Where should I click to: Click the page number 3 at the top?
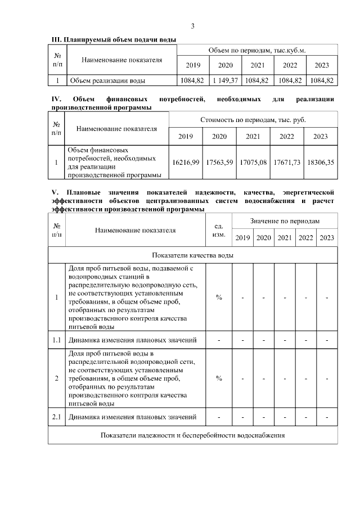pyautogui.click(x=193, y=26)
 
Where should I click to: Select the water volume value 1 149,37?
pyautogui.click(x=226, y=80)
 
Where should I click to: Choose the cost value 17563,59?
pyautogui.click(x=219, y=163)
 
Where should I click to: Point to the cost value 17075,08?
pyautogui.click(x=253, y=163)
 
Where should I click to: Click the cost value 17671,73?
pyautogui.click(x=287, y=163)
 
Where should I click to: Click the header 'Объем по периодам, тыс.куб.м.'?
pyautogui.click(x=257, y=50)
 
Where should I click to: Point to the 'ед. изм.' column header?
pyautogui.click(x=219, y=231)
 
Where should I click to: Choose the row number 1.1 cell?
pyautogui.click(x=56, y=340)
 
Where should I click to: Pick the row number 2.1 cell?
pyautogui.click(x=56, y=417)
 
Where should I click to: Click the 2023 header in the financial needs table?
pyautogui.click(x=321, y=137)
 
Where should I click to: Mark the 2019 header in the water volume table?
pyautogui.click(x=193, y=65)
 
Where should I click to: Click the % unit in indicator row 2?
pyautogui.click(x=219, y=379)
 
